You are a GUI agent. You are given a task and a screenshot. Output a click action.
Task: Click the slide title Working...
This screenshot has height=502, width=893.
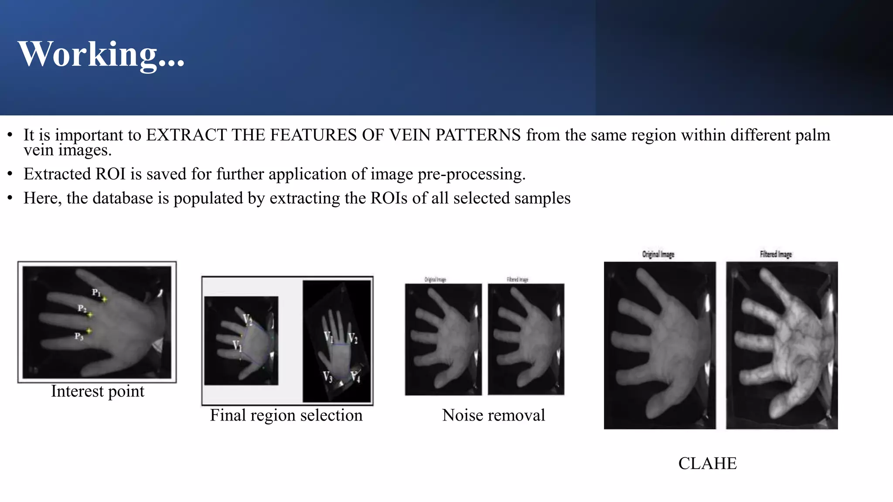(x=101, y=54)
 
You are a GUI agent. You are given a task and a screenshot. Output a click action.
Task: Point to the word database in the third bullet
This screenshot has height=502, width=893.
(x=123, y=198)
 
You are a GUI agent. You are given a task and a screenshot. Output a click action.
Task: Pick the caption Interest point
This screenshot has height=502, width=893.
(x=97, y=391)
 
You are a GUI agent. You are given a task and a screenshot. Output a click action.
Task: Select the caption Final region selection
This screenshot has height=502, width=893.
(x=286, y=415)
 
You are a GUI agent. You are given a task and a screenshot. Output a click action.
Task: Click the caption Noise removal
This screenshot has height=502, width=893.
(x=493, y=415)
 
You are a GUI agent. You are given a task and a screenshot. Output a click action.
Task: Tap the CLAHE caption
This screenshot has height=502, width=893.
(x=707, y=463)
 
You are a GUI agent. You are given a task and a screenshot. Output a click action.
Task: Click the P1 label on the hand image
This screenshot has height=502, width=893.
(x=96, y=292)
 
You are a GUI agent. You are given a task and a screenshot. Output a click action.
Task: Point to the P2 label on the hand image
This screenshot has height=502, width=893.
(x=82, y=309)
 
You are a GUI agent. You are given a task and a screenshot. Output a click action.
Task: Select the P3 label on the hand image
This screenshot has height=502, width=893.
(x=78, y=336)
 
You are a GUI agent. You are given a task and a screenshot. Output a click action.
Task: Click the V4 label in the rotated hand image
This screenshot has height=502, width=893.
(x=355, y=376)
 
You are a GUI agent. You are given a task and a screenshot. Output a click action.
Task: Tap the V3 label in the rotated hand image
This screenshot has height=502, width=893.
(x=327, y=376)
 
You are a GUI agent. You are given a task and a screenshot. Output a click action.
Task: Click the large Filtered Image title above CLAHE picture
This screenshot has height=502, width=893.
(x=775, y=254)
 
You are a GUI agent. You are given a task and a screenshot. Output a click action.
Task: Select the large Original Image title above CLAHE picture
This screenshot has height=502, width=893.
(x=658, y=254)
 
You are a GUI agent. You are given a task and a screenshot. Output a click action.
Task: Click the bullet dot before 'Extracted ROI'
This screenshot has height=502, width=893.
(x=10, y=174)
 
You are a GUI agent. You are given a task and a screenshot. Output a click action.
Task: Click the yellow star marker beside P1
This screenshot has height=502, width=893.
(x=105, y=299)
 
